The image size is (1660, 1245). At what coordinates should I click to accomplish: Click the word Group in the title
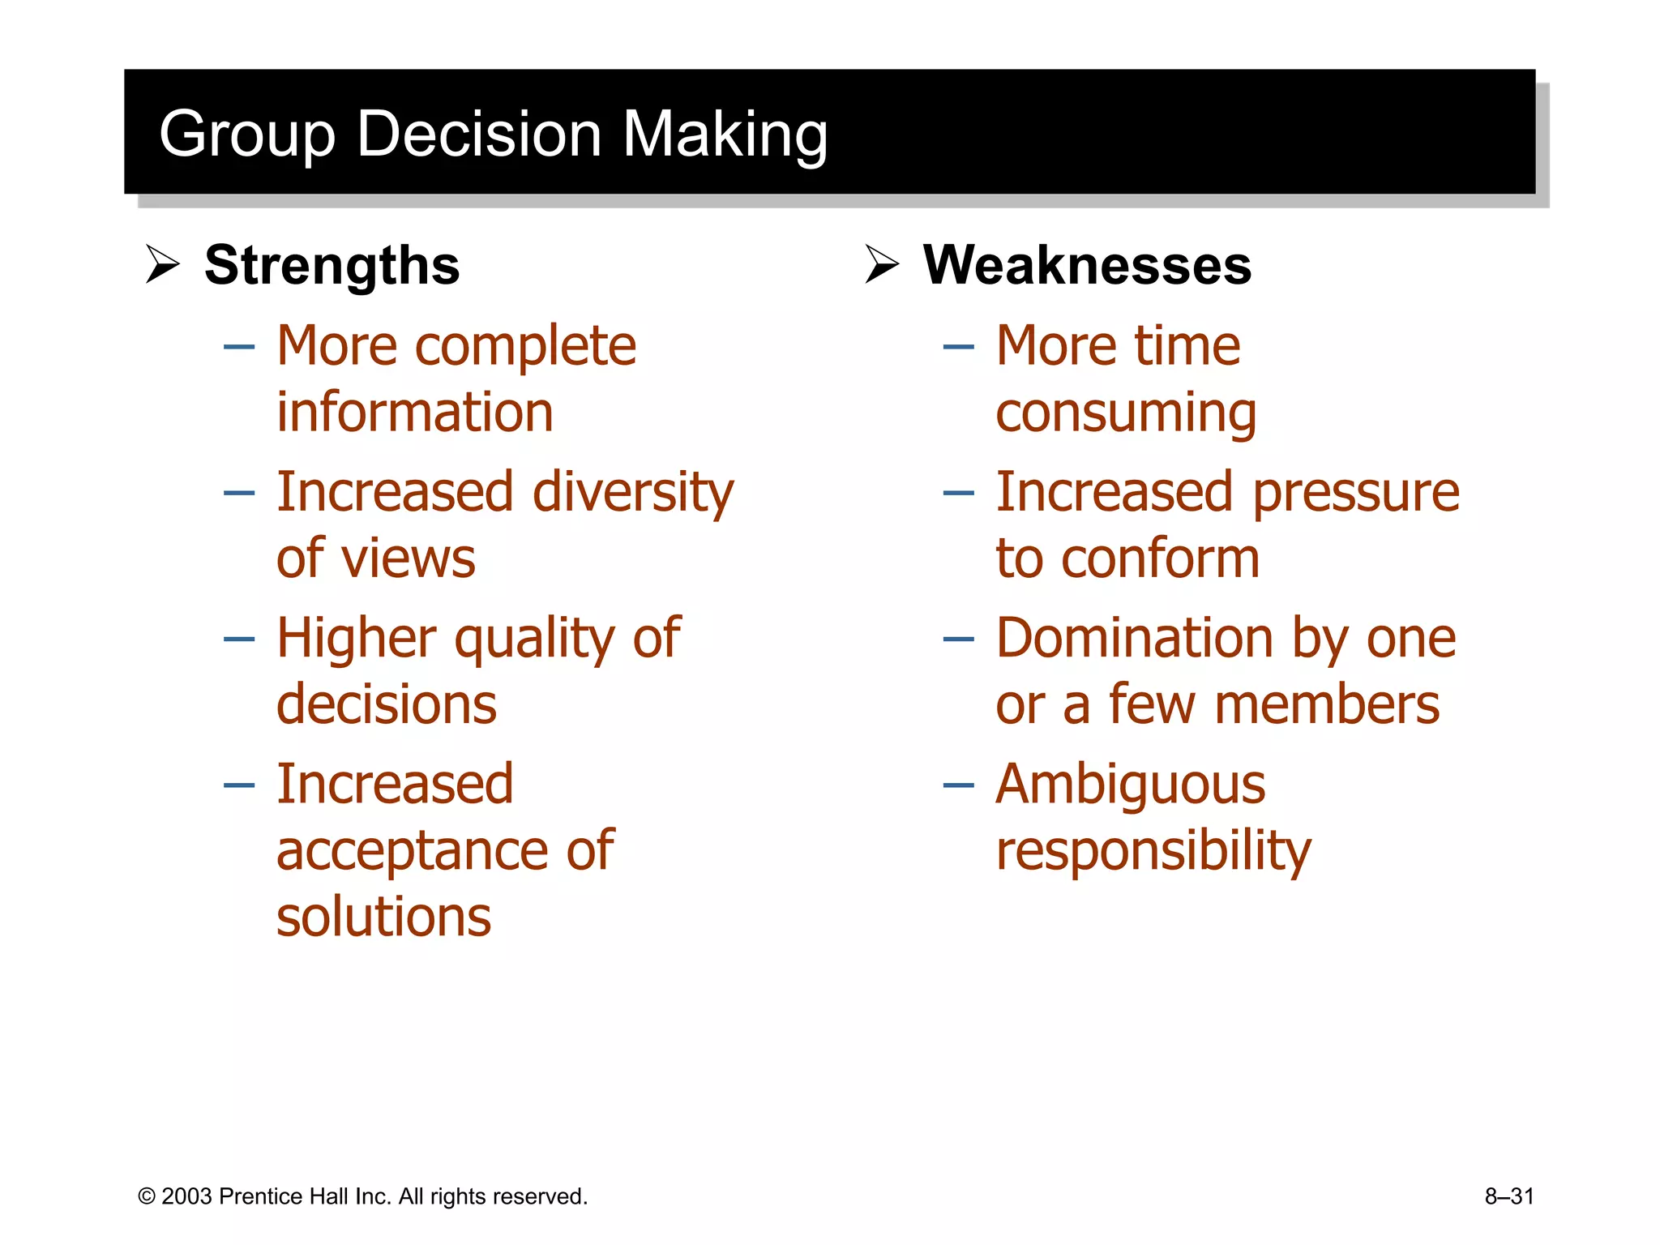[x=247, y=135]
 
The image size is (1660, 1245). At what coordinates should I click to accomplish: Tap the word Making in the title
[x=725, y=135]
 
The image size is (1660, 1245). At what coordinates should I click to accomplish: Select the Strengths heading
[x=332, y=265]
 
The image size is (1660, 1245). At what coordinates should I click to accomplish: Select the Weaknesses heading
[x=1087, y=265]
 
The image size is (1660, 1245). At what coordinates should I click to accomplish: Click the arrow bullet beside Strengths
[x=162, y=264]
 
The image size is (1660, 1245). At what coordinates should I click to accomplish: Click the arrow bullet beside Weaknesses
[x=882, y=264]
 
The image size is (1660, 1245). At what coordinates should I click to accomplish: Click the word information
[x=415, y=412]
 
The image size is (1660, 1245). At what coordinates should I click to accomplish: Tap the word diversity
[x=633, y=493]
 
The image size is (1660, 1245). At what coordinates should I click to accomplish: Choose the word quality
[x=535, y=639]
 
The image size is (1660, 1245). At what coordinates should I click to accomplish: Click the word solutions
[x=383, y=917]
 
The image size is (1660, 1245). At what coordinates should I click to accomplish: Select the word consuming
[x=1126, y=413]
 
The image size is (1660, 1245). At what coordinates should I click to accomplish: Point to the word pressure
[x=1356, y=493]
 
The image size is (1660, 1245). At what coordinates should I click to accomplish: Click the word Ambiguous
[x=1131, y=785]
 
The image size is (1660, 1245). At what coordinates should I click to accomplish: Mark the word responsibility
[x=1153, y=851]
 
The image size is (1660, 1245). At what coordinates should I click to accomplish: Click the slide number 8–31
[x=1509, y=1196]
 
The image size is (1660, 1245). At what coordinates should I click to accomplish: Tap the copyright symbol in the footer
[x=147, y=1196]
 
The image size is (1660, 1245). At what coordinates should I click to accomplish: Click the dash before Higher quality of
[x=239, y=639]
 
